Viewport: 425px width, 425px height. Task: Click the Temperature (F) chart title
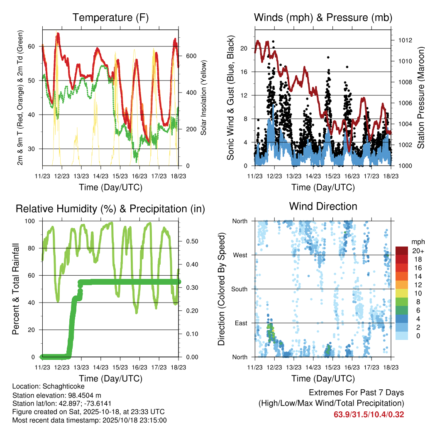(x=110, y=17)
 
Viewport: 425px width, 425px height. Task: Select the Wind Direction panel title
(x=323, y=206)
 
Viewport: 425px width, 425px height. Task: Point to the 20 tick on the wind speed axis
(x=244, y=48)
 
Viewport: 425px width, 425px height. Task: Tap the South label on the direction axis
(x=239, y=289)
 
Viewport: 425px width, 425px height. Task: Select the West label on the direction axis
(x=240, y=255)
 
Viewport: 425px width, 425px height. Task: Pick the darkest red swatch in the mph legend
(x=401, y=251)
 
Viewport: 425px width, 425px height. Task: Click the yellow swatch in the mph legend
(x=401, y=293)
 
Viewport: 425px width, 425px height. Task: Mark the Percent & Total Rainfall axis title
(x=16, y=289)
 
